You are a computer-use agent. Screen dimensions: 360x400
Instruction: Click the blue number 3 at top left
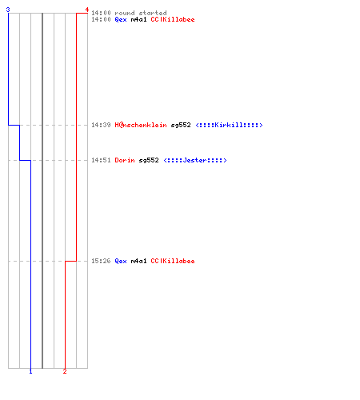pos(8,10)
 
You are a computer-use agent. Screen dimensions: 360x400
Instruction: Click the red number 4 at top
pos(87,10)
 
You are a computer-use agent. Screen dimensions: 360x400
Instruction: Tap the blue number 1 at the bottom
pos(30,371)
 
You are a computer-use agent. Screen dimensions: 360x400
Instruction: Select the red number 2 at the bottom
pos(65,371)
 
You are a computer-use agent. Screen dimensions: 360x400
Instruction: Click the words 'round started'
pos(141,13)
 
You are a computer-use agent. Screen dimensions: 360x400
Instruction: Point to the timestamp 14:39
pos(101,125)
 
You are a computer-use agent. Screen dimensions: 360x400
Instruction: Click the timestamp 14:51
pos(101,160)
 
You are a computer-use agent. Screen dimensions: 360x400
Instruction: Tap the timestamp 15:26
pos(101,261)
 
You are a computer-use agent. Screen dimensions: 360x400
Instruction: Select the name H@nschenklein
pos(141,125)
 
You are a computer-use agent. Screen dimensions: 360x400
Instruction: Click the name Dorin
pos(125,160)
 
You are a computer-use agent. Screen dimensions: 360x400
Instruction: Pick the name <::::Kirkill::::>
pos(229,125)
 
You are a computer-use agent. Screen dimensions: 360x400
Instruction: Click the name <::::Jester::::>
pos(195,160)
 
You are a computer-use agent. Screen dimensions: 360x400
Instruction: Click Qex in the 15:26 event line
pos(121,261)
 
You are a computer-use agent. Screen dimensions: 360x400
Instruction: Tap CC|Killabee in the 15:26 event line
pos(173,261)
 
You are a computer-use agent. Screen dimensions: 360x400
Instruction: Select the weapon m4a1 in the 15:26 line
pos(138,261)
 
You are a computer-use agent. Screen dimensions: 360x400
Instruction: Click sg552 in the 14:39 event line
pos(181,125)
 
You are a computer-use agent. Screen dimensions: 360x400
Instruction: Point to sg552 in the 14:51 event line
pos(149,160)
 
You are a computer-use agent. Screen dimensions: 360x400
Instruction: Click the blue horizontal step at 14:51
pos(25,160)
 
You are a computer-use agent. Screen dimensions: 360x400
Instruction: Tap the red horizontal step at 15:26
pos(70,261)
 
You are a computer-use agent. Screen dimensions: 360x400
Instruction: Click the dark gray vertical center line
pos(42,190)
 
